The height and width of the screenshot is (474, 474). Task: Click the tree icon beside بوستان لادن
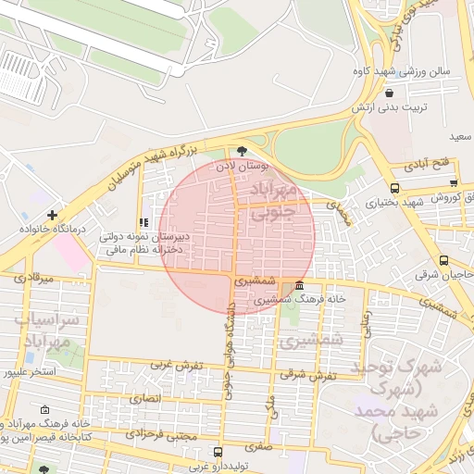tap(243, 151)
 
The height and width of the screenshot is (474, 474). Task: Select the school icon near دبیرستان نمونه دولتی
tap(142, 223)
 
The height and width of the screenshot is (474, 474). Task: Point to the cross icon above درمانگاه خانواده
tap(64, 215)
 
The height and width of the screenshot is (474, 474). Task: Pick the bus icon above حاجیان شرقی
tap(445, 260)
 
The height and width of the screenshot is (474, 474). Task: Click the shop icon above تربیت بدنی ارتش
tap(389, 93)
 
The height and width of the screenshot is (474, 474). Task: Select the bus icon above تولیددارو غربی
tap(218, 453)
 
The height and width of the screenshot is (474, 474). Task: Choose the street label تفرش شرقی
tap(308, 374)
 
